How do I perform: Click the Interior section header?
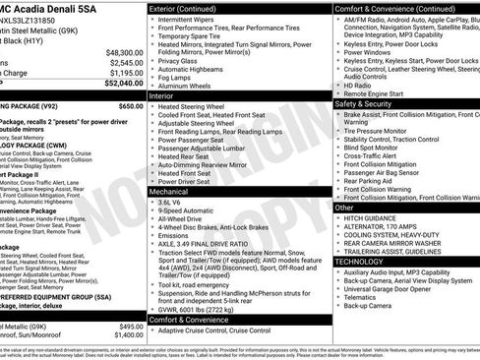[162, 96]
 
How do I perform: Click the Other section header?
[345, 208]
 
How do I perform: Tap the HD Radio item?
[361, 85]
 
